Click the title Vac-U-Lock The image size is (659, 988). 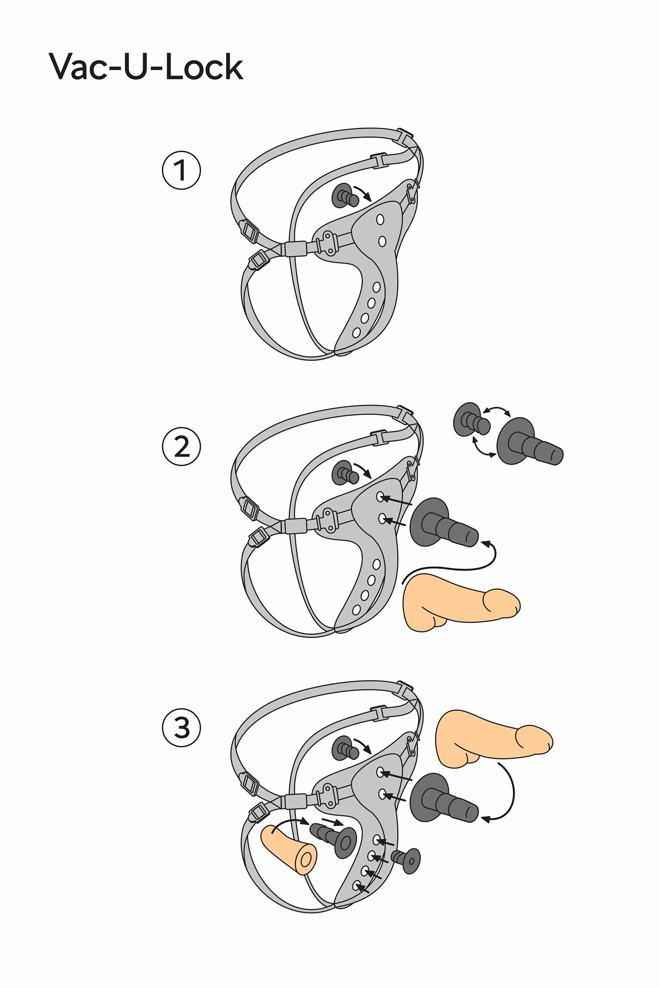[146, 67]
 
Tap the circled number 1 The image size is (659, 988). [182, 170]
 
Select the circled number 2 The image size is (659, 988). [182, 447]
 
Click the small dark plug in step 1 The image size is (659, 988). [345, 196]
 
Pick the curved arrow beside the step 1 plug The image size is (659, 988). [363, 193]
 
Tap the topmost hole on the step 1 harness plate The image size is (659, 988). [380, 219]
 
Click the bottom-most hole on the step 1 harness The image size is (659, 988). [356, 333]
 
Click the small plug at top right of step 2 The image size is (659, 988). [472, 420]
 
